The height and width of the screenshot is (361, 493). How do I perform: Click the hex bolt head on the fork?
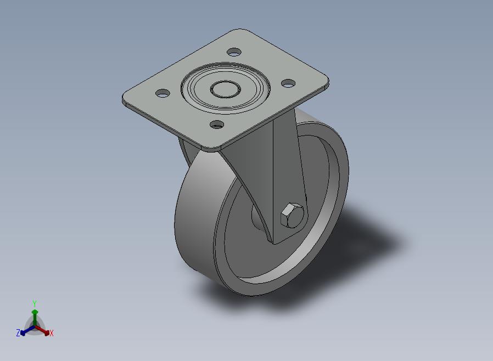point(292,215)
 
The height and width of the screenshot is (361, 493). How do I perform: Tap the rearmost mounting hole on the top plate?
point(234,52)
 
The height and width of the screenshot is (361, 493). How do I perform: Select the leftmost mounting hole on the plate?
point(163,93)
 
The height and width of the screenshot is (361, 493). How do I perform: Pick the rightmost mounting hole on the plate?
point(288,83)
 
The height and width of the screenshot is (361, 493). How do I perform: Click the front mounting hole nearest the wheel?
point(217,125)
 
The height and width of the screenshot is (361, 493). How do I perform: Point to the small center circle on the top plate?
point(226,89)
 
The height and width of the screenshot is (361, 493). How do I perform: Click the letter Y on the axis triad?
point(35,303)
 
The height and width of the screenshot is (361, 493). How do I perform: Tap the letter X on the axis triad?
point(52,333)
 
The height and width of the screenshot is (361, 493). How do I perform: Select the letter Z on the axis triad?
point(18,332)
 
